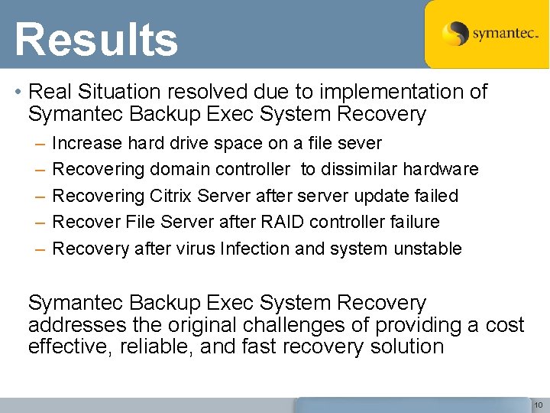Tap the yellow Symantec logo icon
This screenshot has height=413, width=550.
(456, 34)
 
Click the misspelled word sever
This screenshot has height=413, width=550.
(360, 143)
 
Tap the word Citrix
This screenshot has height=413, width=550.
(167, 196)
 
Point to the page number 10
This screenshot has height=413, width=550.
(538, 405)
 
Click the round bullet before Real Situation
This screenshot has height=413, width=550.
(17, 93)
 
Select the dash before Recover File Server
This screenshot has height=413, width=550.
(39, 222)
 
